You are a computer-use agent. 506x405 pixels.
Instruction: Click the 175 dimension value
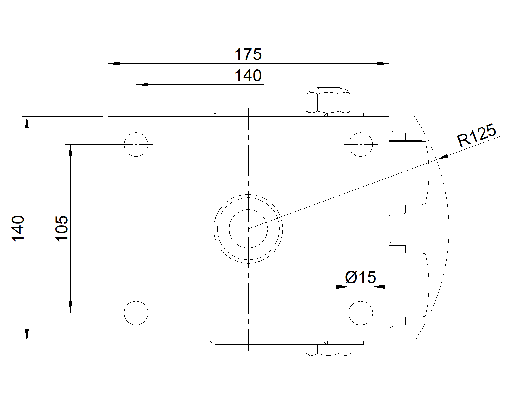pos(248,54)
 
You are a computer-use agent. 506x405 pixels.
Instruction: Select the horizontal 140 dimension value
pos(248,76)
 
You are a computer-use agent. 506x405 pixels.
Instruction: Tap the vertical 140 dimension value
pos(18,228)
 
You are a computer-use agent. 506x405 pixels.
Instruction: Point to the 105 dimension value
pos(62,228)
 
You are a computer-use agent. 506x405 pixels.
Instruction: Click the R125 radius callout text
pos(476,135)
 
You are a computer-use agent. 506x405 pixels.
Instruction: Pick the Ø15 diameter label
pos(361,277)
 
